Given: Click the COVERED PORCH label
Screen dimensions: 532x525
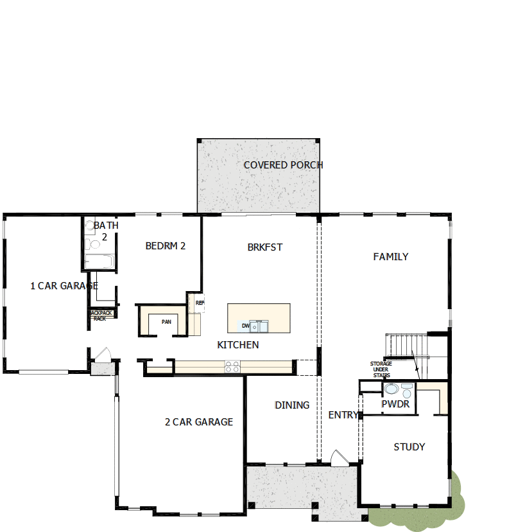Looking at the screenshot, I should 282,165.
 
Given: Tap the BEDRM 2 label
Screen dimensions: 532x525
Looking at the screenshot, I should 166,245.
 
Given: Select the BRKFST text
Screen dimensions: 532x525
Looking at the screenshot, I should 265,247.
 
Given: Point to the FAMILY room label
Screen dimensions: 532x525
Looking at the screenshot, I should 391,257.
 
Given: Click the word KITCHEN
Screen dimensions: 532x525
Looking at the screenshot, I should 238,345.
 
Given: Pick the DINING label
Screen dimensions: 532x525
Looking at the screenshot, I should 292,405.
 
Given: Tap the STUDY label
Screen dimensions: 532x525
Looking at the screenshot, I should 409,447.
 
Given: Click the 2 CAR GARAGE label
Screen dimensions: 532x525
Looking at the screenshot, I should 199,422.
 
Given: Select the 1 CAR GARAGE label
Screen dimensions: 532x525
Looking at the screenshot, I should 64,286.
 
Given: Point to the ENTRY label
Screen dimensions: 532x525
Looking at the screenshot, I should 343,415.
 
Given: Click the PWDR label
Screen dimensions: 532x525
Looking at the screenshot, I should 395,405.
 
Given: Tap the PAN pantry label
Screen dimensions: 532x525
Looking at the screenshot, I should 166,322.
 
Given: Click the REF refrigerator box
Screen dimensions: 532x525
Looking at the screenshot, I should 199,303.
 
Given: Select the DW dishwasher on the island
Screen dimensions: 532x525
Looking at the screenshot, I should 246,326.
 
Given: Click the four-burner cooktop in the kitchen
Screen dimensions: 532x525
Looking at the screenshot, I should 232,367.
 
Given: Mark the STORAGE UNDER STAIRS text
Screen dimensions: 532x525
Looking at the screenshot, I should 381,369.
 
